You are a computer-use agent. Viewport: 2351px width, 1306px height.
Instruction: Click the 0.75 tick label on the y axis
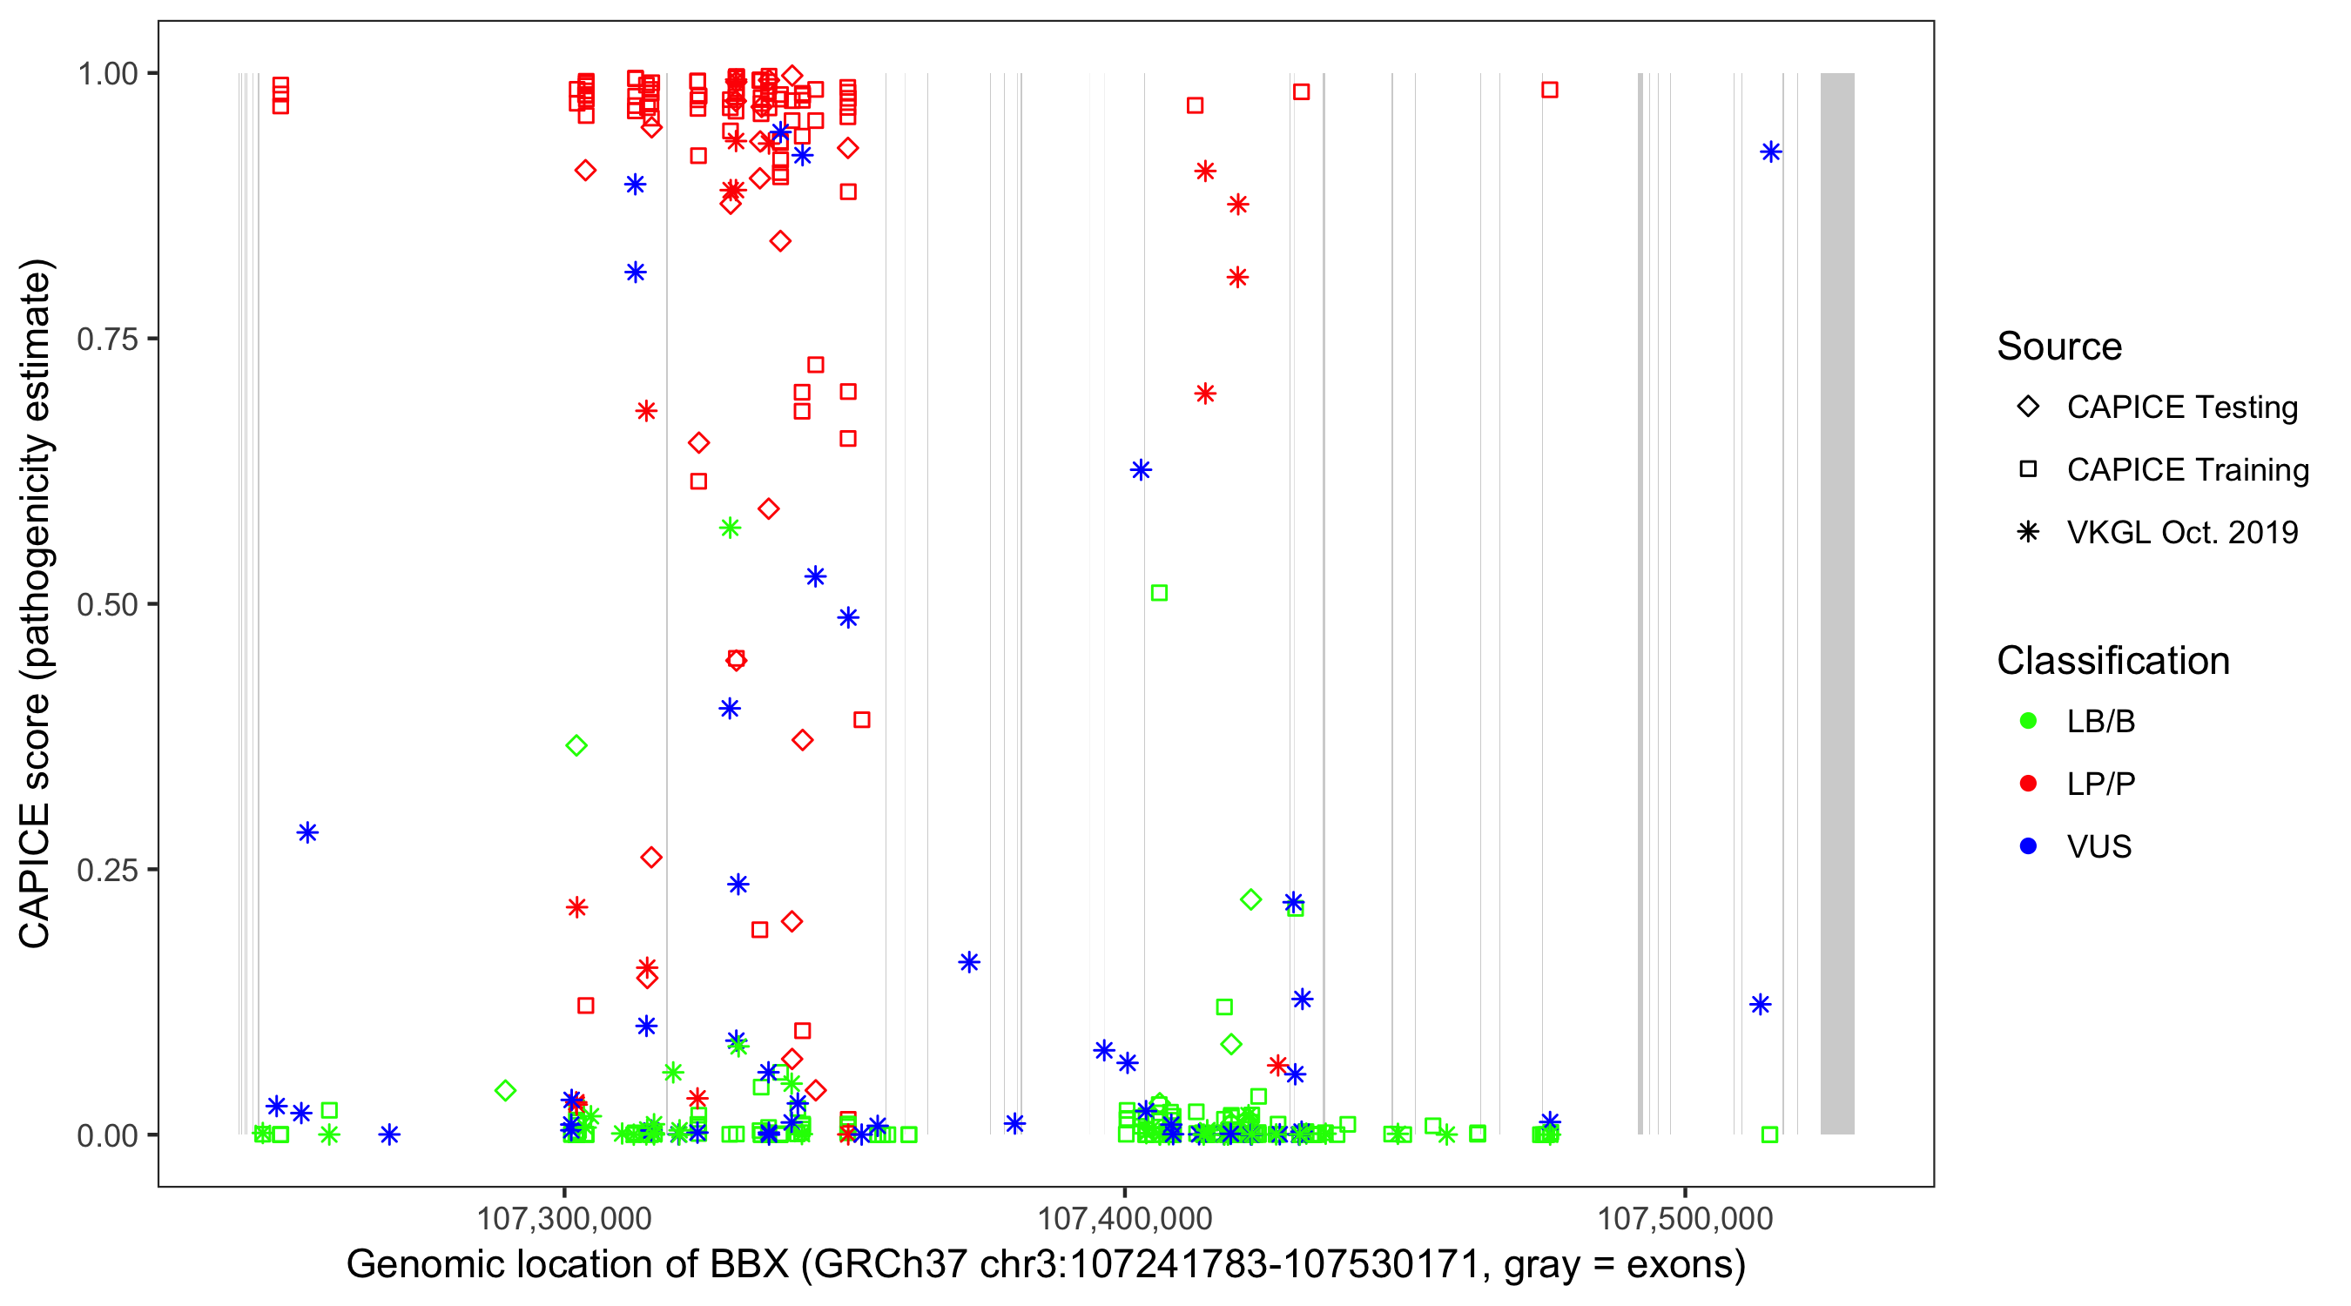[x=106, y=340]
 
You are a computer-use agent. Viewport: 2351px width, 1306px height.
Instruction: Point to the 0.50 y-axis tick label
[x=106, y=604]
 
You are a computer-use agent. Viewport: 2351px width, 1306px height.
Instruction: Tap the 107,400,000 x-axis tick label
[x=1124, y=1218]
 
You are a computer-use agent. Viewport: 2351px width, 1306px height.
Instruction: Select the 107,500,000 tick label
[x=1684, y=1218]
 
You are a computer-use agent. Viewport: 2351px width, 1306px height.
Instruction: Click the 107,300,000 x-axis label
[x=564, y=1218]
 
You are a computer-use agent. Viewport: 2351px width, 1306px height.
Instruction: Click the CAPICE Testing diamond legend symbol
[x=2028, y=407]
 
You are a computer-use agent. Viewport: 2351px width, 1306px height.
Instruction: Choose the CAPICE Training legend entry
[x=2186, y=470]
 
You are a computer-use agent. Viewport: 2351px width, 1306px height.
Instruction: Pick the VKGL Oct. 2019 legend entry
[x=2181, y=532]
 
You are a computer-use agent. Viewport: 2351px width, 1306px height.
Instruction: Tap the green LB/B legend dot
[x=2028, y=721]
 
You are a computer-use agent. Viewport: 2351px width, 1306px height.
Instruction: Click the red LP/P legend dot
[x=2028, y=784]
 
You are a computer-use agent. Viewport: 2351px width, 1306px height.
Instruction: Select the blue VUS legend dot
[x=2028, y=846]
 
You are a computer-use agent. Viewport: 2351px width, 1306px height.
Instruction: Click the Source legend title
[x=2059, y=347]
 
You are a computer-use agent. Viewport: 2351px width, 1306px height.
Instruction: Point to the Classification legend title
[x=2112, y=661]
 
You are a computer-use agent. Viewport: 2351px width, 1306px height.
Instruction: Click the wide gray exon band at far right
[x=1837, y=603]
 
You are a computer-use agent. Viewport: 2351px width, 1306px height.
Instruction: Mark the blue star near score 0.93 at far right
[x=1770, y=152]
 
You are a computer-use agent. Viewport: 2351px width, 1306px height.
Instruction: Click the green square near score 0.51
[x=1159, y=593]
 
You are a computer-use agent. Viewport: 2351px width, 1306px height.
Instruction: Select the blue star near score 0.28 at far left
[x=307, y=832]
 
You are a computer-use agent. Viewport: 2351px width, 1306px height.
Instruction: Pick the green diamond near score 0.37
[x=576, y=745]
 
